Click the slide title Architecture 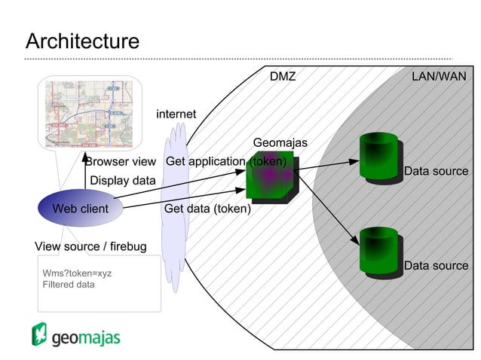click(82, 41)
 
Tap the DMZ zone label click(283, 77)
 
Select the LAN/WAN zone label click(439, 77)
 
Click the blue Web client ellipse click(80, 209)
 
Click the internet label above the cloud click(176, 114)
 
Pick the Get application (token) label click(225, 161)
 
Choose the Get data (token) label click(207, 209)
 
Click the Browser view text click(121, 161)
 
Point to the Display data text click(122, 180)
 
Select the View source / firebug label click(90, 246)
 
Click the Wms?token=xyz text click(77, 273)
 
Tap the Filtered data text click(69, 285)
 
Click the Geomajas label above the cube click(280, 142)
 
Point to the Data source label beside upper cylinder click(436, 171)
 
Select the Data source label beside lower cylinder click(436, 265)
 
